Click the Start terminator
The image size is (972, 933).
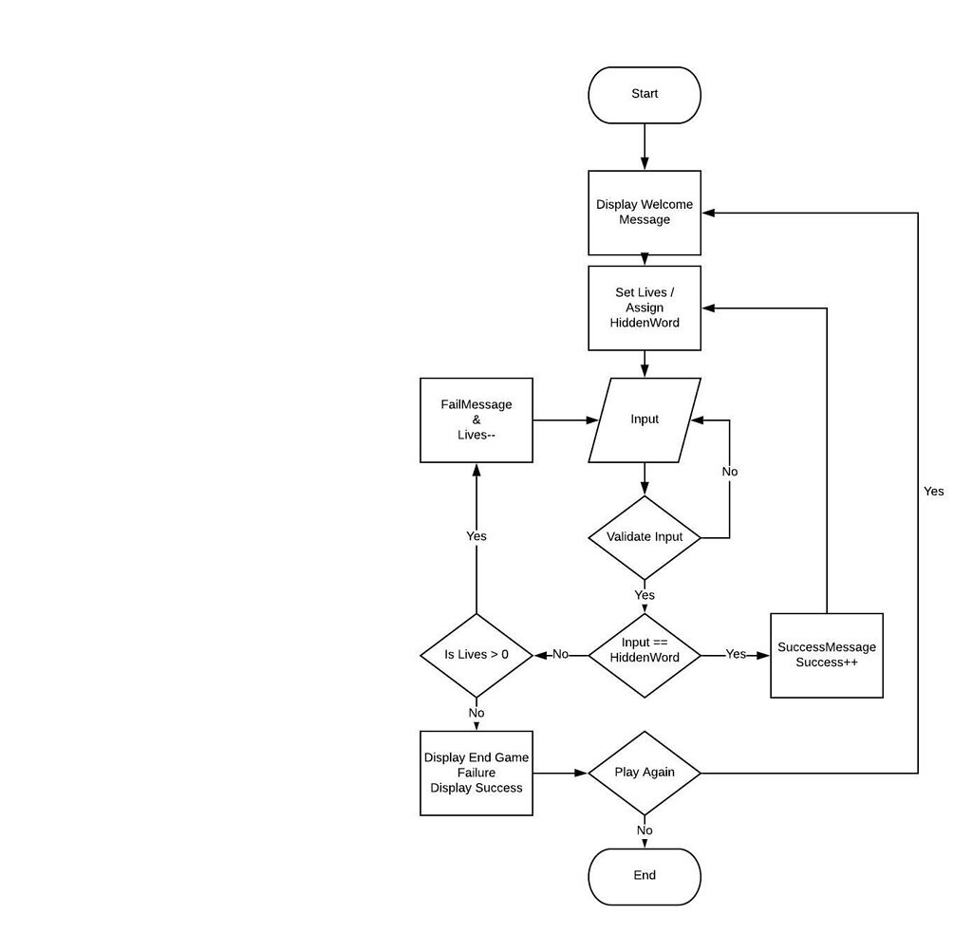(x=645, y=95)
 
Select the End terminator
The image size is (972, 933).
(x=645, y=876)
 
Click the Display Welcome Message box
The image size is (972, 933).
(x=645, y=213)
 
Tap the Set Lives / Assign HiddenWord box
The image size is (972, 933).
(x=645, y=308)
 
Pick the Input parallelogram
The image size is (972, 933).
(x=645, y=420)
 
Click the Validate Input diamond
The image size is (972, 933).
(x=645, y=537)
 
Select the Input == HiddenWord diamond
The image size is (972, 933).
(x=645, y=655)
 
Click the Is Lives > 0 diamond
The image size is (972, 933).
(x=477, y=655)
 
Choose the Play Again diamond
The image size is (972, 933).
(x=645, y=773)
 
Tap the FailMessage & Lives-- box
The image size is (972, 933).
(x=477, y=420)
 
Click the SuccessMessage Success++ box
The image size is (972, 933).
(x=827, y=655)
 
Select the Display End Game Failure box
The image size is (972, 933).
(x=477, y=773)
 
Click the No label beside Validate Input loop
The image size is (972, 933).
(x=730, y=472)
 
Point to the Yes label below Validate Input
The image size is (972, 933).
(x=645, y=596)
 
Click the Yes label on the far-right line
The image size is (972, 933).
(x=934, y=492)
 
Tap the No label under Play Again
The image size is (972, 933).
(x=645, y=831)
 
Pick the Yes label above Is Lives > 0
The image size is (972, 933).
(x=477, y=537)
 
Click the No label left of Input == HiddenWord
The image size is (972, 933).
(x=561, y=655)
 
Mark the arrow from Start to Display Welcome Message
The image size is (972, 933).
(x=645, y=147)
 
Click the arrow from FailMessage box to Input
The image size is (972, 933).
(x=565, y=420)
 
